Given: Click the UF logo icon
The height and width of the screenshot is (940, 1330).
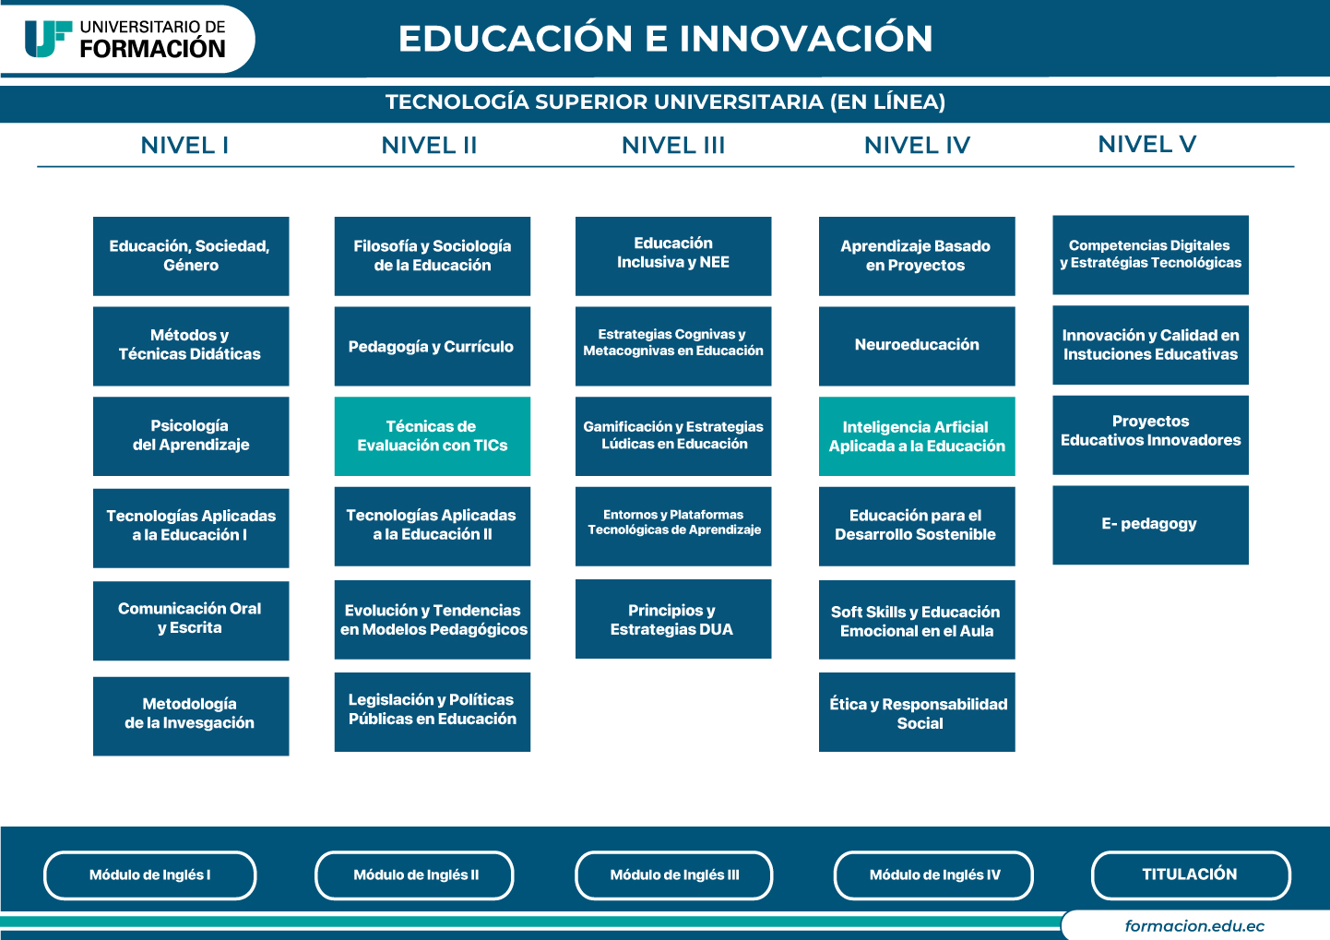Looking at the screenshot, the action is (48, 39).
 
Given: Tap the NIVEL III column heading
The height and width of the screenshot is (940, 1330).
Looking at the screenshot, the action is (673, 146).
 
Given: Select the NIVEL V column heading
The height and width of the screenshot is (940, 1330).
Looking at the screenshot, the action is (1147, 144).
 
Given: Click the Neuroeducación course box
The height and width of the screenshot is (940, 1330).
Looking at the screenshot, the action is (917, 346).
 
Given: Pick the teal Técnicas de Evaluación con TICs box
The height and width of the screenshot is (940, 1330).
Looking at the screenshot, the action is (433, 435).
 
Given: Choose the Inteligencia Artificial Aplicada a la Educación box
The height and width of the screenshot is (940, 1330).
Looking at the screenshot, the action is (917, 435).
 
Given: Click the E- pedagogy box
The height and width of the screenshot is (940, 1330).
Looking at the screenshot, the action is (1151, 525).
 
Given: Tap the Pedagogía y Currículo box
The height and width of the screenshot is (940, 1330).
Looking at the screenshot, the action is (433, 346).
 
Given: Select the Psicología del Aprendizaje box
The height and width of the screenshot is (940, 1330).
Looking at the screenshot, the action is (191, 435).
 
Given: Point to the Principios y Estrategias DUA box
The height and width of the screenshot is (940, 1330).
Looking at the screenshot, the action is (673, 619).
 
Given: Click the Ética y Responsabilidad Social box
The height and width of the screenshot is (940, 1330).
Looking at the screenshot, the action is (917, 712).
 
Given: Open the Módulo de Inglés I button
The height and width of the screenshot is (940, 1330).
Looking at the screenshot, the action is (149, 875).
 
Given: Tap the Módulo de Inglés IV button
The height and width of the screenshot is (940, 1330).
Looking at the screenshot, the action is (933, 875).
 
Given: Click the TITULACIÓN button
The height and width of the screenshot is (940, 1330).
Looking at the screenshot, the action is (1191, 875).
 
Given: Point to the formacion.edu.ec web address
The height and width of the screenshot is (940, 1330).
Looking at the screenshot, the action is (1194, 926).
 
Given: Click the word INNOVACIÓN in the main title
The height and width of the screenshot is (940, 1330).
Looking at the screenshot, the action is (806, 39).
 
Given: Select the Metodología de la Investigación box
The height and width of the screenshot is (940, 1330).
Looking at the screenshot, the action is (191, 716).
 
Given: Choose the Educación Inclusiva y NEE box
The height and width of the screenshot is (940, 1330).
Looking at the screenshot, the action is (673, 256).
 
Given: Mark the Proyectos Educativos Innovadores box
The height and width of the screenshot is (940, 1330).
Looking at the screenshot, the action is (1151, 434).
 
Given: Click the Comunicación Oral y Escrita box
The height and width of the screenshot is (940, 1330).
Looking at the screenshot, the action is (191, 621).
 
